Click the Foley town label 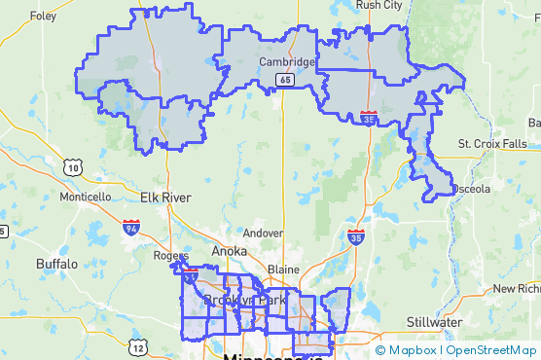[x=43, y=16]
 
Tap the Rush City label [x=379, y=5]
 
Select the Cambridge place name [x=286, y=62]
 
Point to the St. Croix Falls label [x=492, y=144]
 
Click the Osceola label [x=472, y=189]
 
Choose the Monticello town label [x=86, y=197]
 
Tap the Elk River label [x=164, y=198]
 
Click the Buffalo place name [x=56, y=264]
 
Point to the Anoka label [x=230, y=250]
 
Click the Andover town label [x=262, y=234]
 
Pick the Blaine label [x=282, y=269]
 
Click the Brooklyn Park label [x=245, y=301]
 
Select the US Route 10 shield [x=73, y=167]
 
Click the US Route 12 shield [x=139, y=346]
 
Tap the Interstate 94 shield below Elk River [x=130, y=228]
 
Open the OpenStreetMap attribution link [x=491, y=350]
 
